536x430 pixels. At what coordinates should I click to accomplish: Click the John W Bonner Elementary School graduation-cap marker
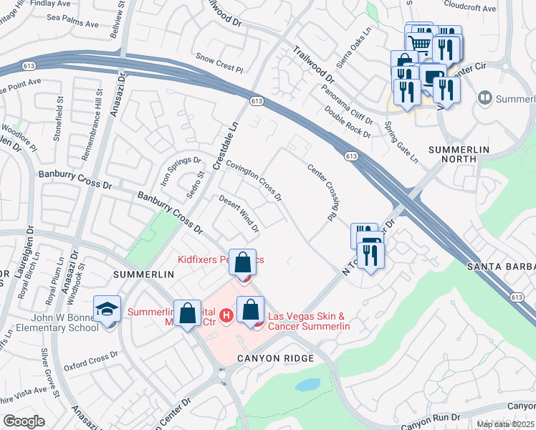tap(107, 310)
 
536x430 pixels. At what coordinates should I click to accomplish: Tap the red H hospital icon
tap(226, 315)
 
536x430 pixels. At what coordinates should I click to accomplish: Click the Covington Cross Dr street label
tap(254, 179)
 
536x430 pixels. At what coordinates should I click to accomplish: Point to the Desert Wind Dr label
tap(239, 214)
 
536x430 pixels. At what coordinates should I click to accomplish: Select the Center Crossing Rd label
tap(322, 192)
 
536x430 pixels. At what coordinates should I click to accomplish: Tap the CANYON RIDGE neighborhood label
tap(277, 358)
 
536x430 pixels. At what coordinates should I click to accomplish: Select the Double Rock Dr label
tap(348, 121)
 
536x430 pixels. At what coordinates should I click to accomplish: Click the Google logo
tap(24, 421)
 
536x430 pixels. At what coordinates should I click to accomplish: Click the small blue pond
tap(308, 385)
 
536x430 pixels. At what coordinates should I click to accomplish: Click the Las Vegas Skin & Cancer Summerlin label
tap(308, 321)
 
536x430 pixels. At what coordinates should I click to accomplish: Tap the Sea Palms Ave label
tap(72, 24)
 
